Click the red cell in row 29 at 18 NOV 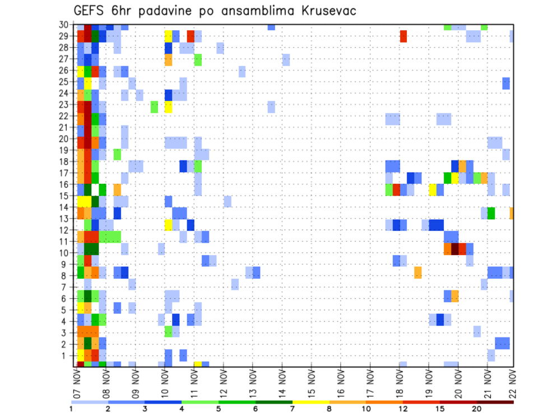(403, 36)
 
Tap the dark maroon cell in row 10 (455, 248)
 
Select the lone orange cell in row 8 (418, 272)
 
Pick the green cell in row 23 (154, 107)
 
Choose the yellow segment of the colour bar (310, 402)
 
